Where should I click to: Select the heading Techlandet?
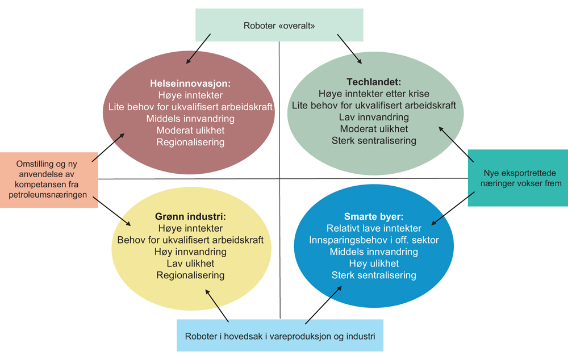pyautogui.click(x=373, y=82)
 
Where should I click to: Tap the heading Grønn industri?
pyautogui.click(x=190, y=216)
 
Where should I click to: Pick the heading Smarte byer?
pyautogui.click(x=373, y=216)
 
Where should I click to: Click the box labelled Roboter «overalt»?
pyautogui.click(x=279, y=25)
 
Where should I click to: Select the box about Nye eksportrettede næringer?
pyautogui.click(x=518, y=178)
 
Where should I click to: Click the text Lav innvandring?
pyautogui.click(x=373, y=117)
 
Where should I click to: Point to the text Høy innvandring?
pyautogui.click(x=190, y=252)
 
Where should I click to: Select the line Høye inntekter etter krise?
pyautogui.click(x=373, y=94)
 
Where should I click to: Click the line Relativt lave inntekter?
pyautogui.click(x=373, y=228)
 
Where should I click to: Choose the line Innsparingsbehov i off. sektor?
pyautogui.click(x=373, y=240)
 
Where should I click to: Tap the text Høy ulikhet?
pyautogui.click(x=373, y=263)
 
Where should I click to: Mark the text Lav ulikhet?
pyautogui.click(x=190, y=263)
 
